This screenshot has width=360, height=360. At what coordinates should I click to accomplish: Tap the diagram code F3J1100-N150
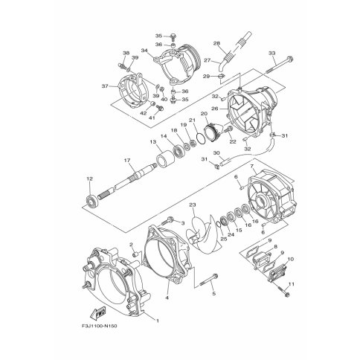tap(99, 326)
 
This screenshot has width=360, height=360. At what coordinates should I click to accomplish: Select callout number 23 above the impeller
tap(193, 205)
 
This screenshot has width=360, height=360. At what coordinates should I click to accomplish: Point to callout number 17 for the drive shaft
tap(127, 161)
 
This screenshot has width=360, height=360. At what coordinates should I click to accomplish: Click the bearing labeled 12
tap(91, 200)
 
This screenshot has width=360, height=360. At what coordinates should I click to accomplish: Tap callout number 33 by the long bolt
tap(272, 53)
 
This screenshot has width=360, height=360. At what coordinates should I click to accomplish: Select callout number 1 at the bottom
tap(157, 321)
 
